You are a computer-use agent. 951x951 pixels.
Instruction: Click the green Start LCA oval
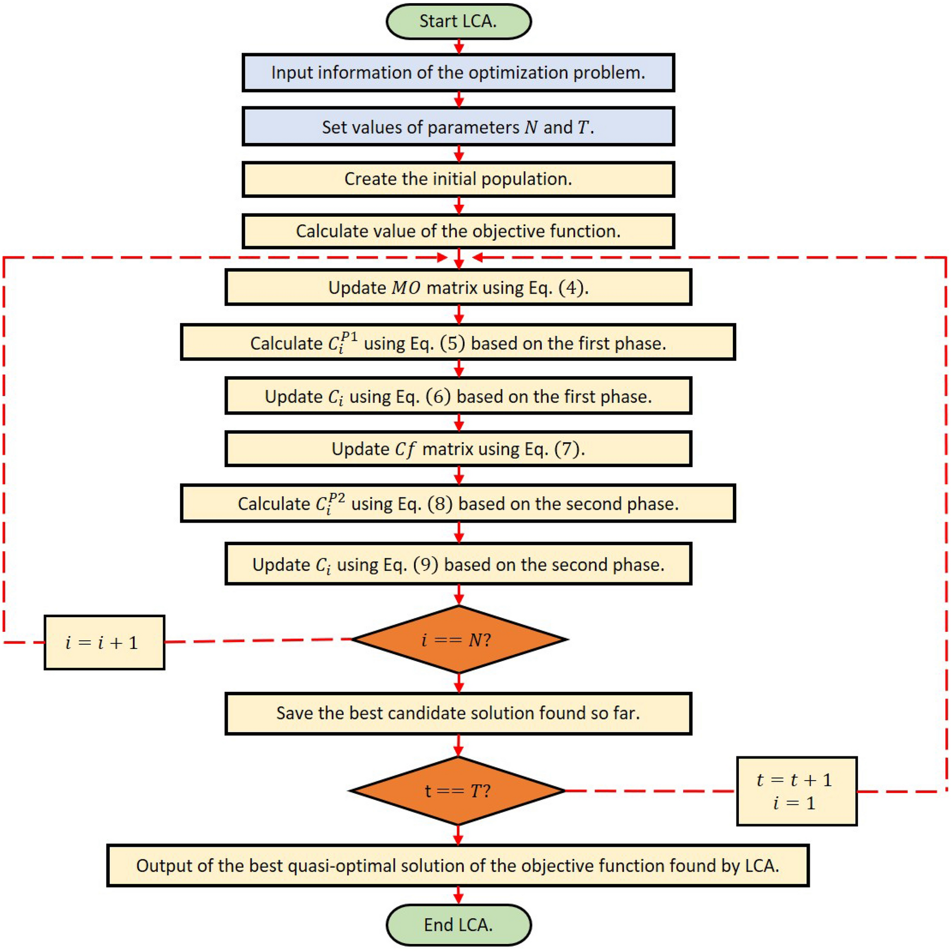point(458,22)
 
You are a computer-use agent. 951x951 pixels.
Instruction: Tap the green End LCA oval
point(458,924)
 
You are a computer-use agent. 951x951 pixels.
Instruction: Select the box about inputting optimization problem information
point(458,73)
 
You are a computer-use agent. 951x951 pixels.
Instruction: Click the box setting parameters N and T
point(458,127)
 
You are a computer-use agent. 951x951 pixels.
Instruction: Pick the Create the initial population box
point(458,179)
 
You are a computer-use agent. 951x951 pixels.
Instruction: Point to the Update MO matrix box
point(458,288)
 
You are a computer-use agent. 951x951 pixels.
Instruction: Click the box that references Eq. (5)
point(458,342)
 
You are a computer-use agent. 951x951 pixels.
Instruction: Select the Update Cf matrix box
point(458,449)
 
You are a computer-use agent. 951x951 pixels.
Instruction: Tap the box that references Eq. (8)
point(458,503)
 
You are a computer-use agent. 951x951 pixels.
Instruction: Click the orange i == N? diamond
point(458,640)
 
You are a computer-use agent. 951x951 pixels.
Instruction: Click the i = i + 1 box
point(104,642)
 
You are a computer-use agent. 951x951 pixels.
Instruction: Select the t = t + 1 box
point(796,791)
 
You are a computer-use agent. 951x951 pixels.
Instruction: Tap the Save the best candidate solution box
point(458,713)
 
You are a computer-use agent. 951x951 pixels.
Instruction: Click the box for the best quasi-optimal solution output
point(458,866)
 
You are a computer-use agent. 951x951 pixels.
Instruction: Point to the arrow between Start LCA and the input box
point(459,47)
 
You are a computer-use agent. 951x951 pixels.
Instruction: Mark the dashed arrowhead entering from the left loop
point(442,258)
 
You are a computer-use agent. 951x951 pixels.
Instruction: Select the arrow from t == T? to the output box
point(458,835)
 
